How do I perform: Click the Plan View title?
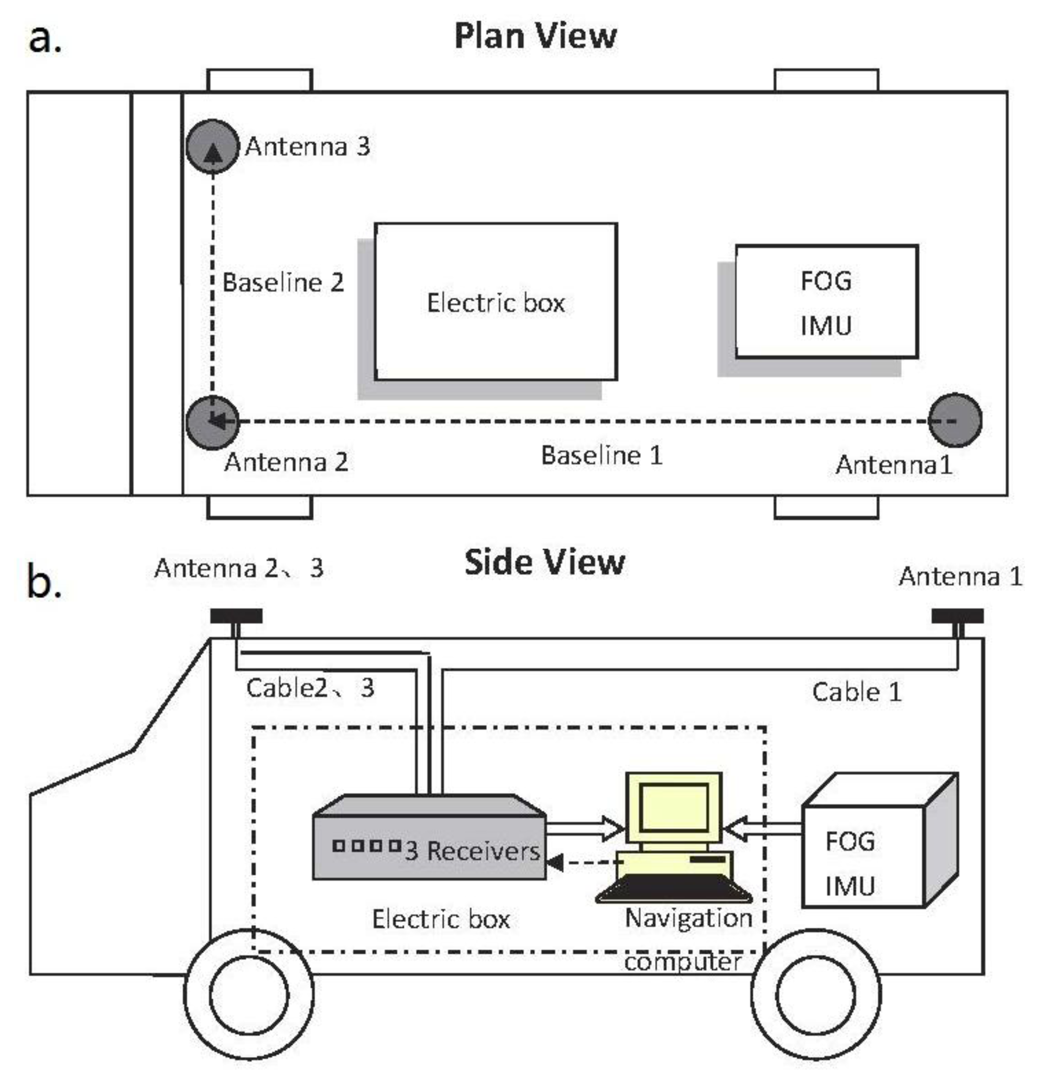535,36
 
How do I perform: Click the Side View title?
544,562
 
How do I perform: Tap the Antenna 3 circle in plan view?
212,147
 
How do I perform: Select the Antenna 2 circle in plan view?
212,422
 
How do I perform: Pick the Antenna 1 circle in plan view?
954,420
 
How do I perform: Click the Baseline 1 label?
601,456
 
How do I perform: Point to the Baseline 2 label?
283,283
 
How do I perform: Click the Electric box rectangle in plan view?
496,302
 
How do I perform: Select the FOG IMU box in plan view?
826,302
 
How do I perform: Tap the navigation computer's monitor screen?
674,807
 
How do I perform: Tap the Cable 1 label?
856,693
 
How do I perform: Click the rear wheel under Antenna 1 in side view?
815,994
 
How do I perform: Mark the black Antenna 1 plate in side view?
957,616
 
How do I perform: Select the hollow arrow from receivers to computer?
585,828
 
